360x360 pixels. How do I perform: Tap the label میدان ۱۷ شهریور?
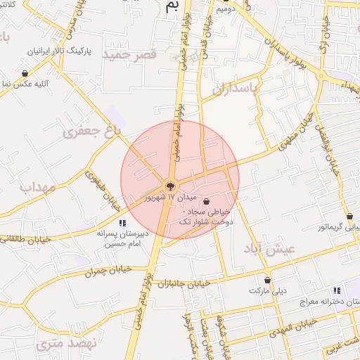pyautogui.click(x=167, y=198)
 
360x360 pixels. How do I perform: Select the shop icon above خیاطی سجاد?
pyautogui.click(x=205, y=201)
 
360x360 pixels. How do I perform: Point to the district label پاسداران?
pyautogui.click(x=236, y=88)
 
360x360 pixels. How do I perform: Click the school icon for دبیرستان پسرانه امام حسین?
pyautogui.click(x=122, y=223)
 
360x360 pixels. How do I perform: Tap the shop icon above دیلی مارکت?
pyautogui.click(x=267, y=280)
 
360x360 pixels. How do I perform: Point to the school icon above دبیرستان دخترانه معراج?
pyautogui.click(x=337, y=290)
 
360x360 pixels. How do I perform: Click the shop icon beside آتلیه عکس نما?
pyautogui.click(x=25, y=73)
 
